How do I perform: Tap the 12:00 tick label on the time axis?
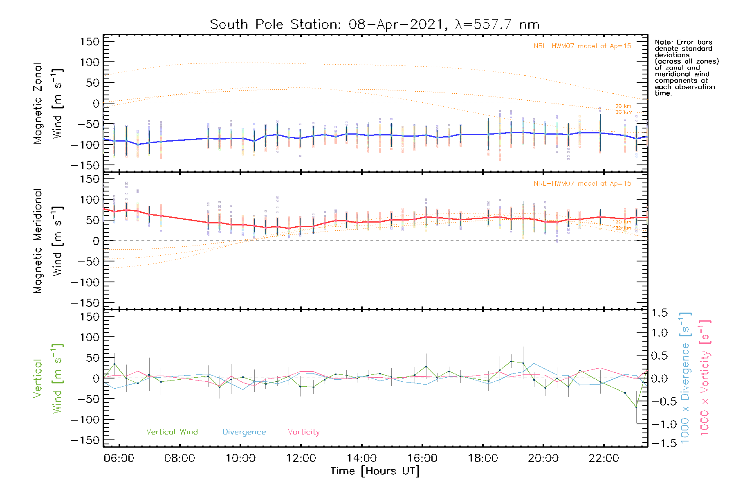(301, 458)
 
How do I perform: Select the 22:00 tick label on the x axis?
(604, 458)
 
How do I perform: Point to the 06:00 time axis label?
(119, 458)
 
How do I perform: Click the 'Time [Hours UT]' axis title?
(375, 471)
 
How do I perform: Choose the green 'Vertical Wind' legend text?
(172, 432)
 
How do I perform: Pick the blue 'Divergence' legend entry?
(244, 432)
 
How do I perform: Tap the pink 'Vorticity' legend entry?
(303, 432)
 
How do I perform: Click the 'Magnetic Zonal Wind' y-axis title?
(47, 104)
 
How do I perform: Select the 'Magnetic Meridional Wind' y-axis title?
(47, 241)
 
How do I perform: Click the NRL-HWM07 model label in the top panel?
(582, 46)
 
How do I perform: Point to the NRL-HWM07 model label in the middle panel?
(582, 184)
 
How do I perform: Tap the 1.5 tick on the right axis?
(659, 313)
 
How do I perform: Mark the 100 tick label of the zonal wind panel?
(90, 62)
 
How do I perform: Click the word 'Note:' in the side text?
(664, 43)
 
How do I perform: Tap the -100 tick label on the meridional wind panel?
(85, 282)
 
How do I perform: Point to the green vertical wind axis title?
(47, 378)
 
